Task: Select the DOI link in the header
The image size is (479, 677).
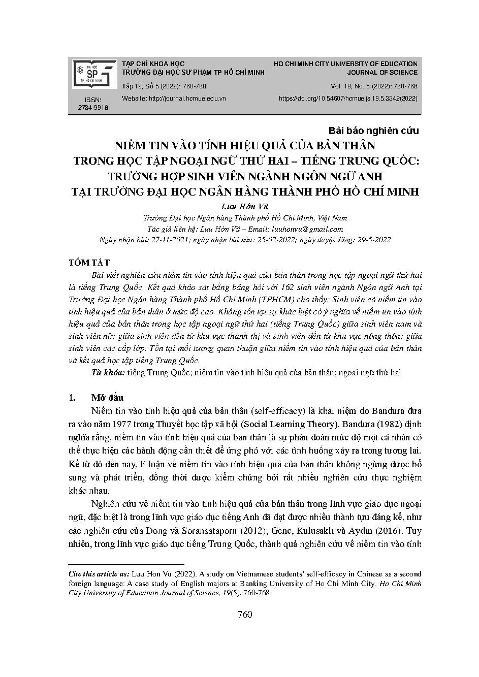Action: coord(348,99)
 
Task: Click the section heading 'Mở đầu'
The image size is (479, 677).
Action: coord(107,398)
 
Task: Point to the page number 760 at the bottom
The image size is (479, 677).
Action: coord(245,615)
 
